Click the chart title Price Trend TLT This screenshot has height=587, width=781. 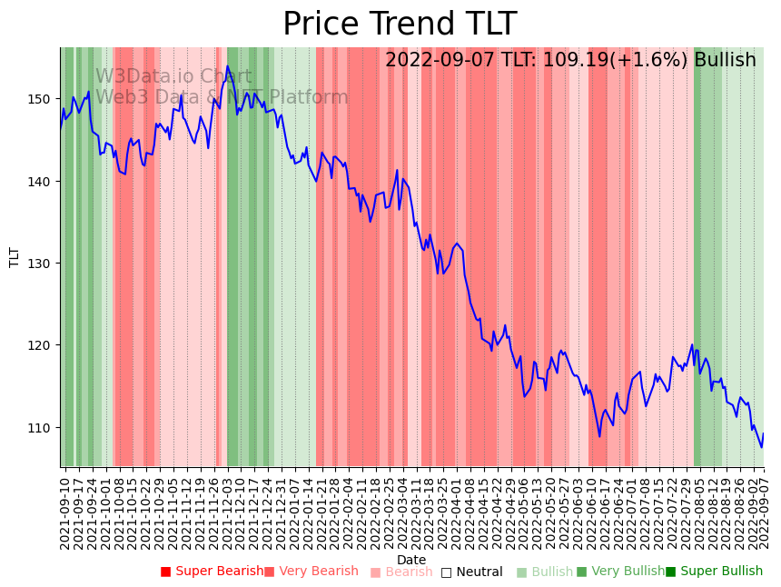tap(400, 25)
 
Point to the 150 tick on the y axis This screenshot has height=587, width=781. tap(43, 99)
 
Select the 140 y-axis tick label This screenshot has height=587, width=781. tap(43, 182)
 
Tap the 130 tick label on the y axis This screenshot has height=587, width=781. tap(43, 264)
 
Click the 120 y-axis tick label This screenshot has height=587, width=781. tap(43, 345)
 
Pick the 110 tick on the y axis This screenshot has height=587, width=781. tap(43, 428)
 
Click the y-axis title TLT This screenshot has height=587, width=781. tap(15, 257)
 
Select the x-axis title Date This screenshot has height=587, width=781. tap(411, 560)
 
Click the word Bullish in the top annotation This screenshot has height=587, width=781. tap(725, 61)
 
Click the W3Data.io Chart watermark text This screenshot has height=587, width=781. tap(173, 76)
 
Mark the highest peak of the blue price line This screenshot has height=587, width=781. tap(228, 67)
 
